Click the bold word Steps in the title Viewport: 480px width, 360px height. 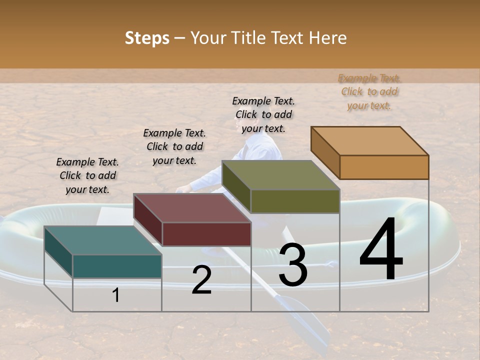pyautogui.click(x=147, y=38)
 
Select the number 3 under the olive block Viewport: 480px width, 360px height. pyautogui.click(x=293, y=265)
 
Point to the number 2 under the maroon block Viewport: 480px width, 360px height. pyautogui.click(x=201, y=280)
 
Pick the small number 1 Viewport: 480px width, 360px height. pyautogui.click(x=116, y=295)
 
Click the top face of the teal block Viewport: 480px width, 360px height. pyautogui.click(x=102, y=240)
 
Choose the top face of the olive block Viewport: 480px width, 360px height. pyautogui.click(x=280, y=175)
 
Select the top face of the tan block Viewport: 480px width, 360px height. pyautogui.click(x=369, y=141)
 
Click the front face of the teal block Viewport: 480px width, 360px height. pyautogui.click(x=117, y=266)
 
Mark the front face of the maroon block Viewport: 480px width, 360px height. pyautogui.click(x=206, y=234)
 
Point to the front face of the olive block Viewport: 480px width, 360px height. pyautogui.click(x=295, y=201)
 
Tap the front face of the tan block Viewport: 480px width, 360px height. pyautogui.click(x=384, y=167)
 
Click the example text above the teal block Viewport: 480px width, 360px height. pyautogui.click(x=87, y=175)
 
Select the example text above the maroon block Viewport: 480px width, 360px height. pyautogui.click(x=174, y=146)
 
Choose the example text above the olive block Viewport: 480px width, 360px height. pyautogui.click(x=263, y=114)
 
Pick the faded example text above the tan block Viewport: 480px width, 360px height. pyautogui.click(x=369, y=91)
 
